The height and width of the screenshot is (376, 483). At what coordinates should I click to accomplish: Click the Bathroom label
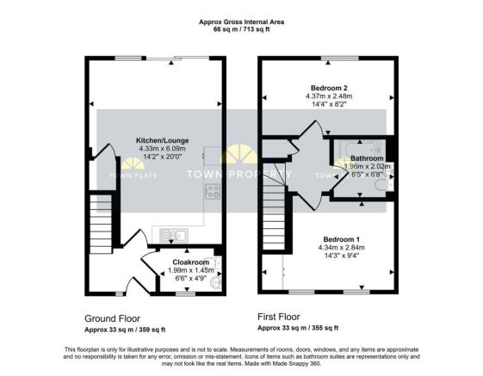[x=366, y=158]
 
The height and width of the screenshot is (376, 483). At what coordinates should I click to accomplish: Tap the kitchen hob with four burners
[x=213, y=192]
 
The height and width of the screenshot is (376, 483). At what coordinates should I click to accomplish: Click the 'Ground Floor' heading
[x=114, y=317]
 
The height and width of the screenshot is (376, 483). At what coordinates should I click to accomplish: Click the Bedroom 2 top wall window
[x=327, y=58]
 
